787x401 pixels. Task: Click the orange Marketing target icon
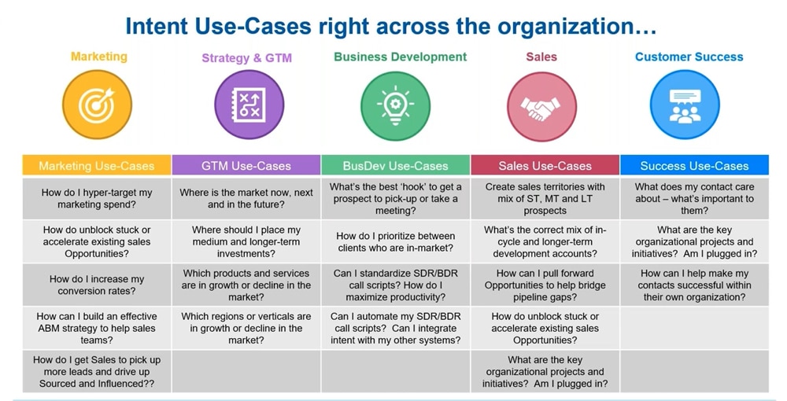98,105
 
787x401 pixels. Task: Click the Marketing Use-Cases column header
97,166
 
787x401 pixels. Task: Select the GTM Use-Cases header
246,166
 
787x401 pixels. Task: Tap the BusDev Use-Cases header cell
396,166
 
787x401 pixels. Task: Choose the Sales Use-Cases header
545,166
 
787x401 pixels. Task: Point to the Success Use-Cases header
694,166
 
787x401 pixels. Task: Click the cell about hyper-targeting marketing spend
97,199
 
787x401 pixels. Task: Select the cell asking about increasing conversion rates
97,285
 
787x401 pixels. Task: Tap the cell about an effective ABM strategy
97,328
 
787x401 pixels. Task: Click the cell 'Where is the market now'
246,199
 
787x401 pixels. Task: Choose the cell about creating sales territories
545,199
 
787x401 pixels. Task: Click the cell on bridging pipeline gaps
545,285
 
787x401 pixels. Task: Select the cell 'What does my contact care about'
694,199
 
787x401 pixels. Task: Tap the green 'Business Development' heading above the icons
400,57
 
